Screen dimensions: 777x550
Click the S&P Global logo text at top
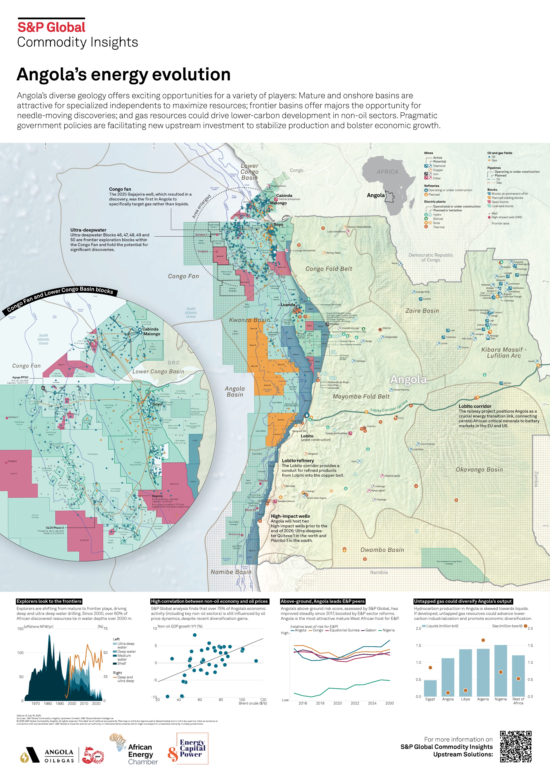coord(52,27)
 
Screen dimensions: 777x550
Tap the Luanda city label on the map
coord(288,305)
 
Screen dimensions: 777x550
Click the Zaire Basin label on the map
coord(422,311)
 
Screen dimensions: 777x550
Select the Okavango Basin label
coord(479,470)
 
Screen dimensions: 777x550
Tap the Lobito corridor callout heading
coord(475,406)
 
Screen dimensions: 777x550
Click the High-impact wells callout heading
coord(290,516)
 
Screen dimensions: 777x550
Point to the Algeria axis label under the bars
coord(483,699)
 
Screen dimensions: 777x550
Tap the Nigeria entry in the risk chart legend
coord(388,630)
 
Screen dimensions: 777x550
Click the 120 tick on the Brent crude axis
coord(263,700)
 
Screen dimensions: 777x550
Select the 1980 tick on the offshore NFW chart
coord(48,703)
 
